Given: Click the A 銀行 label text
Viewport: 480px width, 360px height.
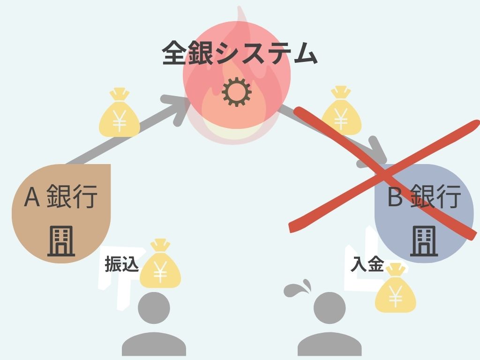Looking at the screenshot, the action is (x=61, y=197).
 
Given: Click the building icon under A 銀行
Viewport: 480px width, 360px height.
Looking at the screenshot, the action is (x=61, y=241).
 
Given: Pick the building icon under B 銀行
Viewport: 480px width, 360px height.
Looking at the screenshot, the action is (x=424, y=241).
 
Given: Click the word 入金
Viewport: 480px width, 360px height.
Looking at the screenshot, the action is (x=367, y=266).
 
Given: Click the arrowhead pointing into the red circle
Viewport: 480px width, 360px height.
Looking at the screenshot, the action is (x=180, y=107).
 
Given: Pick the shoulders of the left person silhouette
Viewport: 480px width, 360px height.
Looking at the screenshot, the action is (x=154, y=345).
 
